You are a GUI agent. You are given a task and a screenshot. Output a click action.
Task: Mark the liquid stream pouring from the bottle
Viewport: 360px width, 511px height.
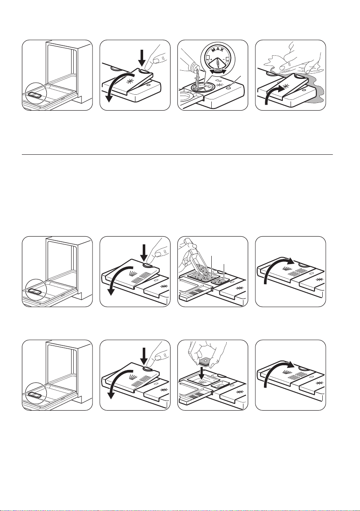pyautogui.click(x=196, y=80)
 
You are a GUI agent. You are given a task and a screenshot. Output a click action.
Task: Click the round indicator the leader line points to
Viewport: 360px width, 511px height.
pyautogui.click(x=231, y=87)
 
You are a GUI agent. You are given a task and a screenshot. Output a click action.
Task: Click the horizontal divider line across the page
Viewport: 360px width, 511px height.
pyautogui.click(x=177, y=155)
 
